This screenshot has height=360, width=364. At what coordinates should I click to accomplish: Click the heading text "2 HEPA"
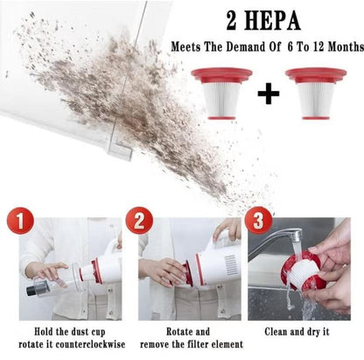pyautogui.click(x=262, y=20)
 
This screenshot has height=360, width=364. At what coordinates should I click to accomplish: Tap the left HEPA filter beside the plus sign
pyautogui.click(x=221, y=92)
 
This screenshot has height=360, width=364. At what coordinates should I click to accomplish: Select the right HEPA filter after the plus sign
pyautogui.click(x=315, y=92)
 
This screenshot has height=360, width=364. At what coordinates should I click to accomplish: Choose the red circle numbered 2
pyautogui.click(x=137, y=220)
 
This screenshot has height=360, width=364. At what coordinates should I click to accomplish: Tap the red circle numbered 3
pyautogui.click(x=257, y=220)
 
